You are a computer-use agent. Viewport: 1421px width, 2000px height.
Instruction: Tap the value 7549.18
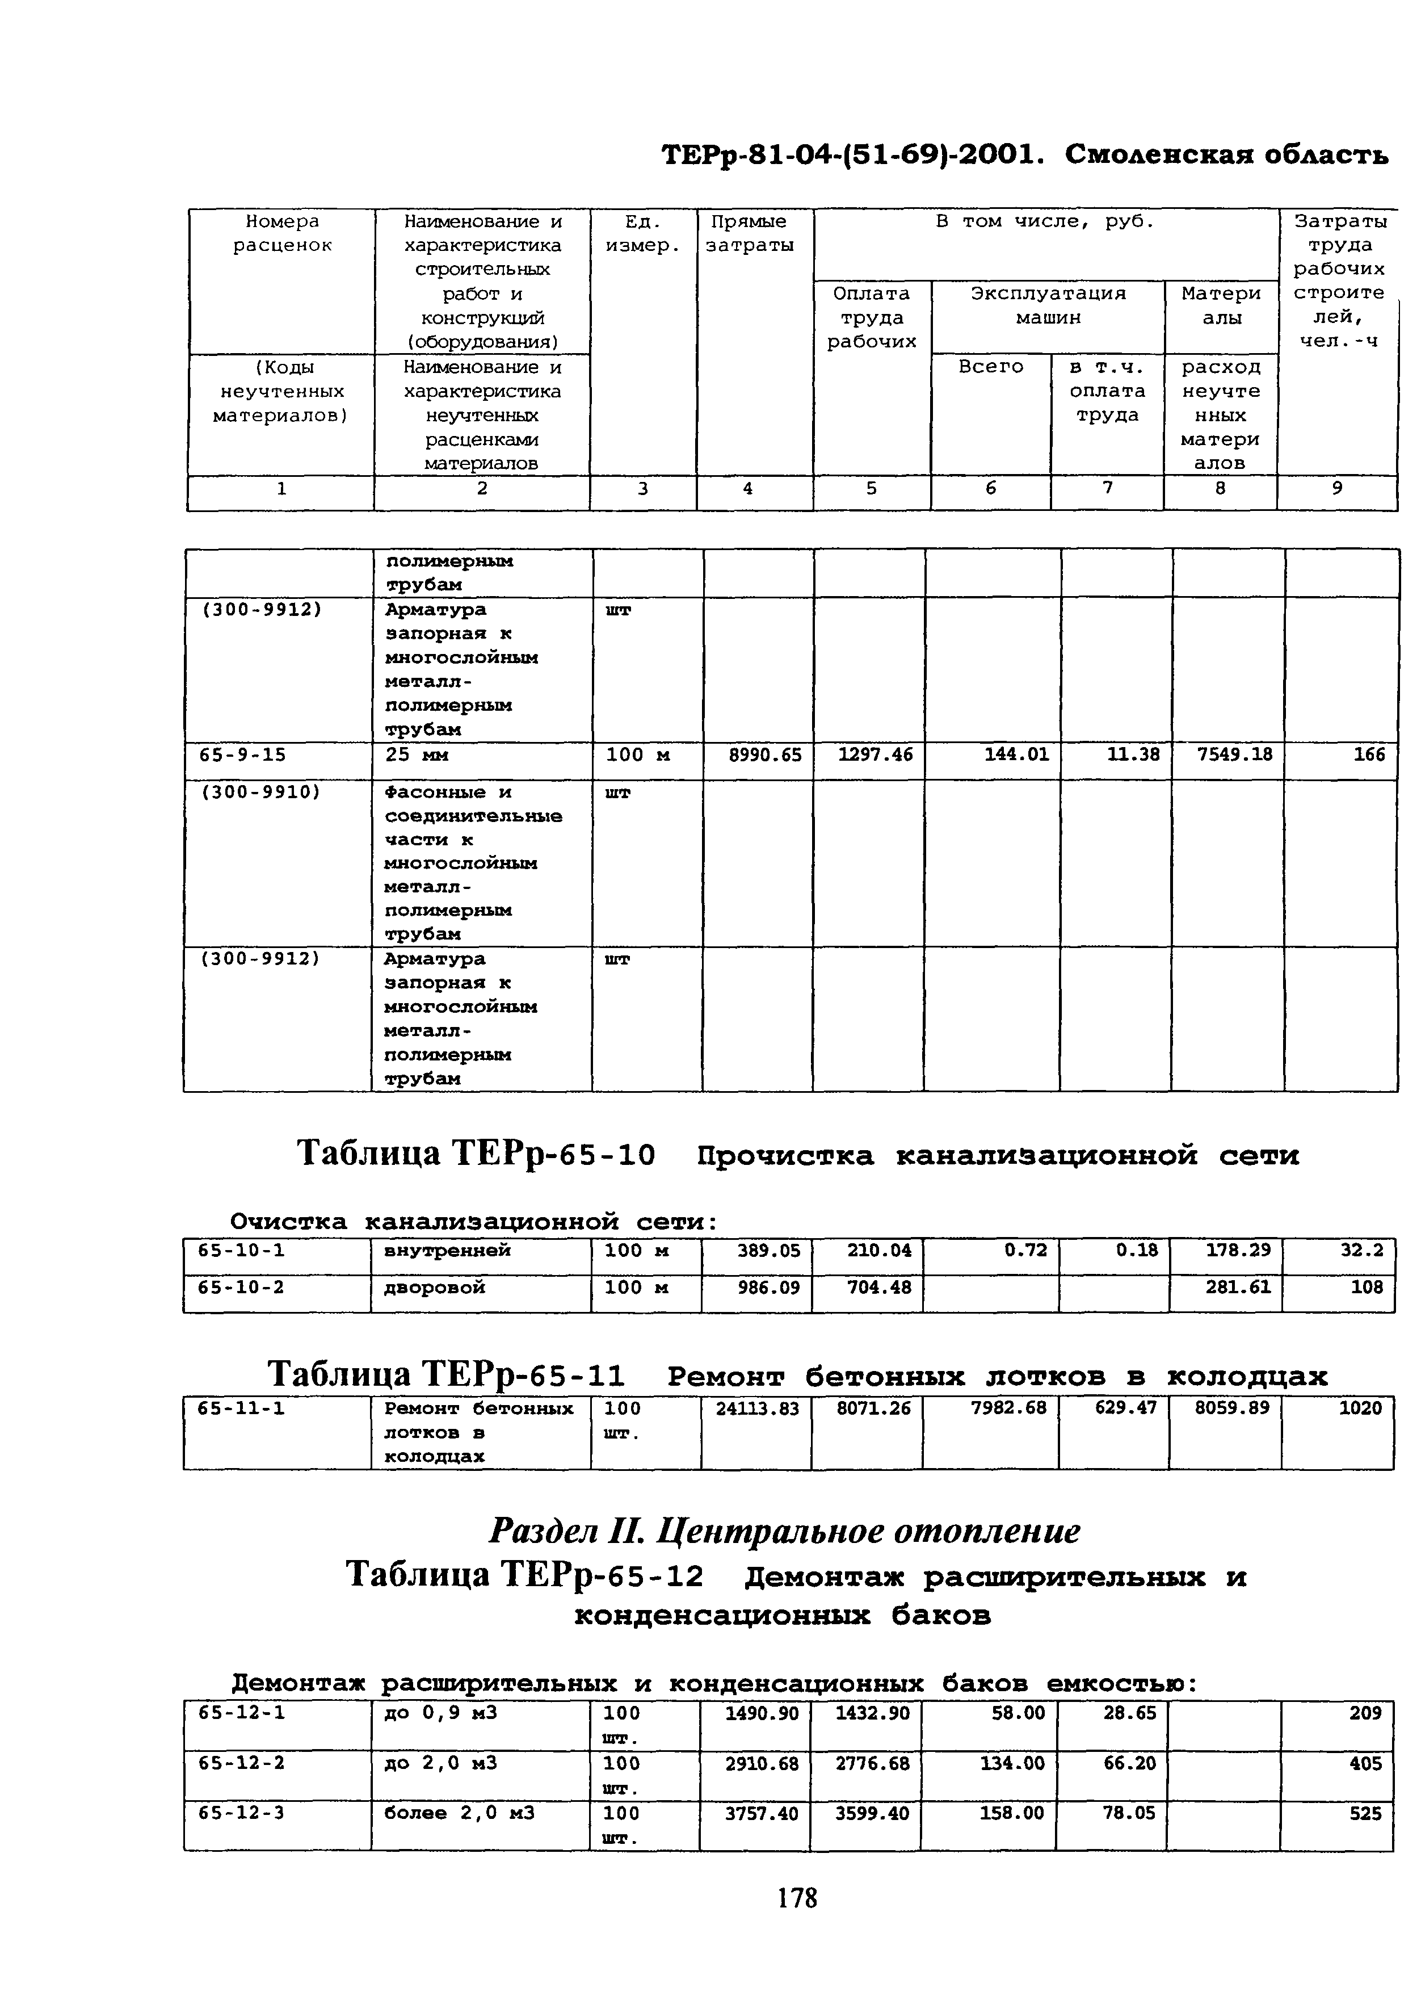coord(1234,754)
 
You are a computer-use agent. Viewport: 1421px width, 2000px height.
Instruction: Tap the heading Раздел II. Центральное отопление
coord(784,1531)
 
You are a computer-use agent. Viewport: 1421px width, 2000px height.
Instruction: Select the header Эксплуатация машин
coord(1048,305)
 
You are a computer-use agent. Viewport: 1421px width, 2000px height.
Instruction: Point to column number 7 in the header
coord(1107,488)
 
